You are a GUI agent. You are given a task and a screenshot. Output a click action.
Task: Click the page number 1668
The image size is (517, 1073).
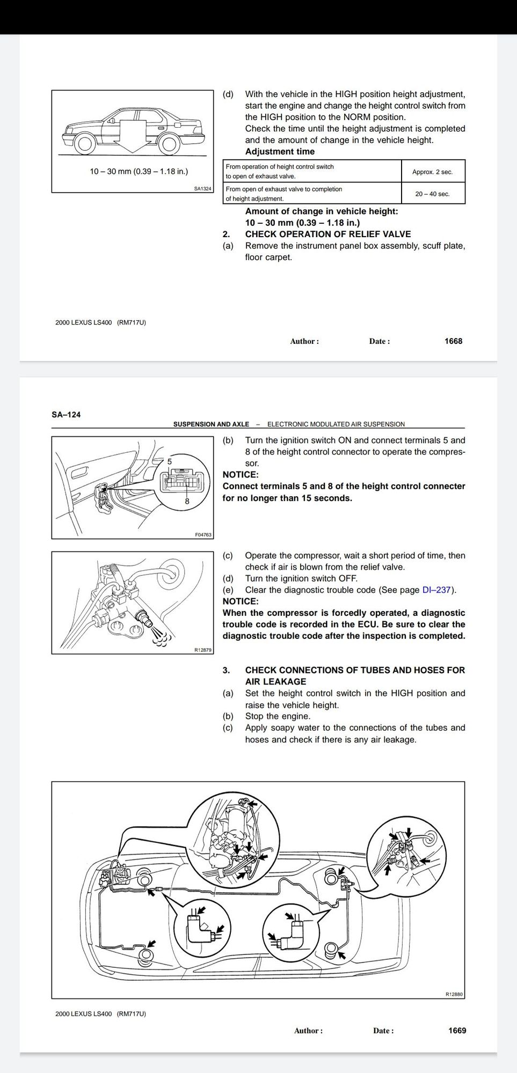(x=453, y=341)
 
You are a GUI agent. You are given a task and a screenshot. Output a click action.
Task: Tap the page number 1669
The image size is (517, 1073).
(x=457, y=1031)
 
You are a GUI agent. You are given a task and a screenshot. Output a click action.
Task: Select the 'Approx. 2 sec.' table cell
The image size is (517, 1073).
(x=432, y=172)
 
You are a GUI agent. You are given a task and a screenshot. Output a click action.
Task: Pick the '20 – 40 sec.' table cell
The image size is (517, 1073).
(x=432, y=194)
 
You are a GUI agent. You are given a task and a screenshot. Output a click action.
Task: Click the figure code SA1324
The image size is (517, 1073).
(x=203, y=189)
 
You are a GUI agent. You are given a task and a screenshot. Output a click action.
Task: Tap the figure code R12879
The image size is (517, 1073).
(x=203, y=650)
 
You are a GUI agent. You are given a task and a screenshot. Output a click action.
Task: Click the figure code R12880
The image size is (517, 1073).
(x=454, y=994)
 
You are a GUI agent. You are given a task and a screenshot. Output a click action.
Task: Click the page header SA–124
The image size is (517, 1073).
(x=66, y=414)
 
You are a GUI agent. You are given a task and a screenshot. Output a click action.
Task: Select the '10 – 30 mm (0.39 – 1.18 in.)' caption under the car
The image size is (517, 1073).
(x=139, y=172)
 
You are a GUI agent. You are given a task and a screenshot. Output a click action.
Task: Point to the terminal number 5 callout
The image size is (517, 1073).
(x=170, y=461)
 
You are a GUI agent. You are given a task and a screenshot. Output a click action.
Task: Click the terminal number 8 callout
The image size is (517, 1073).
(x=187, y=502)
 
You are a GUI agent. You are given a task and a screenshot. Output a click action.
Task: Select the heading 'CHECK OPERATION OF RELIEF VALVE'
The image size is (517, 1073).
(x=327, y=234)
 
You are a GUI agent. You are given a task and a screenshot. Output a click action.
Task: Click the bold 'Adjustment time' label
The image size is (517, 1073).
(x=280, y=152)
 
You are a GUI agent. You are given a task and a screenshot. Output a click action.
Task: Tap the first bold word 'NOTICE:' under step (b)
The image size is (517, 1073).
(x=241, y=475)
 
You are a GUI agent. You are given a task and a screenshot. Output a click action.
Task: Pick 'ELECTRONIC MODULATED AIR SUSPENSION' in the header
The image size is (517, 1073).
(x=336, y=424)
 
